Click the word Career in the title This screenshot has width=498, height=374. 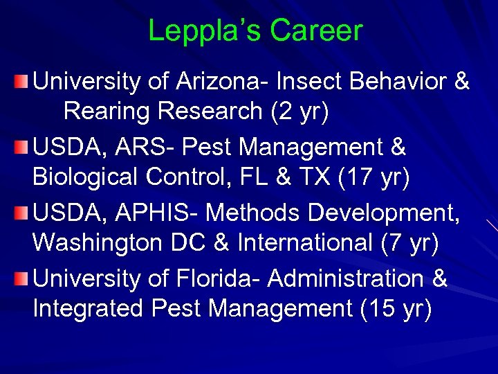click(316, 30)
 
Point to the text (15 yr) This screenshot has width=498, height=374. click(396, 308)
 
